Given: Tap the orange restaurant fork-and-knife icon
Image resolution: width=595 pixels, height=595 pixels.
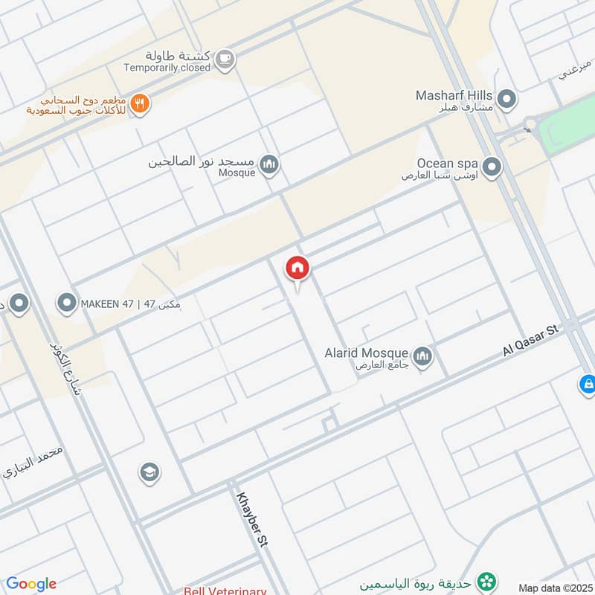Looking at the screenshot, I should [139, 104].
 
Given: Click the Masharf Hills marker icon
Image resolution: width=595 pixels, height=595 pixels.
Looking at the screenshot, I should [507, 99].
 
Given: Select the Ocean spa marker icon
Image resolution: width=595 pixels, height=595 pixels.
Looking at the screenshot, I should [491, 167].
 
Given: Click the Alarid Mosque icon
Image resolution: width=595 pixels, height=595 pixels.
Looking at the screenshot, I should [422, 357].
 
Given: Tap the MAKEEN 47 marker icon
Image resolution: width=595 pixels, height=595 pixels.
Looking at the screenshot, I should [67, 303].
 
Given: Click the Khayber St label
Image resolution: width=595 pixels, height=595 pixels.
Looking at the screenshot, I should [251, 520].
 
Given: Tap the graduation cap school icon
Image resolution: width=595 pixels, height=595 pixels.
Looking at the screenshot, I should [149, 472].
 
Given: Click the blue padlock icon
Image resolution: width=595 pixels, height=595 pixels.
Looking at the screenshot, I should [588, 385].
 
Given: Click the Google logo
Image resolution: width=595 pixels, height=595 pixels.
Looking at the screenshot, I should [31, 584].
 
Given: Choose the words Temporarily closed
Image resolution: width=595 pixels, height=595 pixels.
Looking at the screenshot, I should [167, 68].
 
